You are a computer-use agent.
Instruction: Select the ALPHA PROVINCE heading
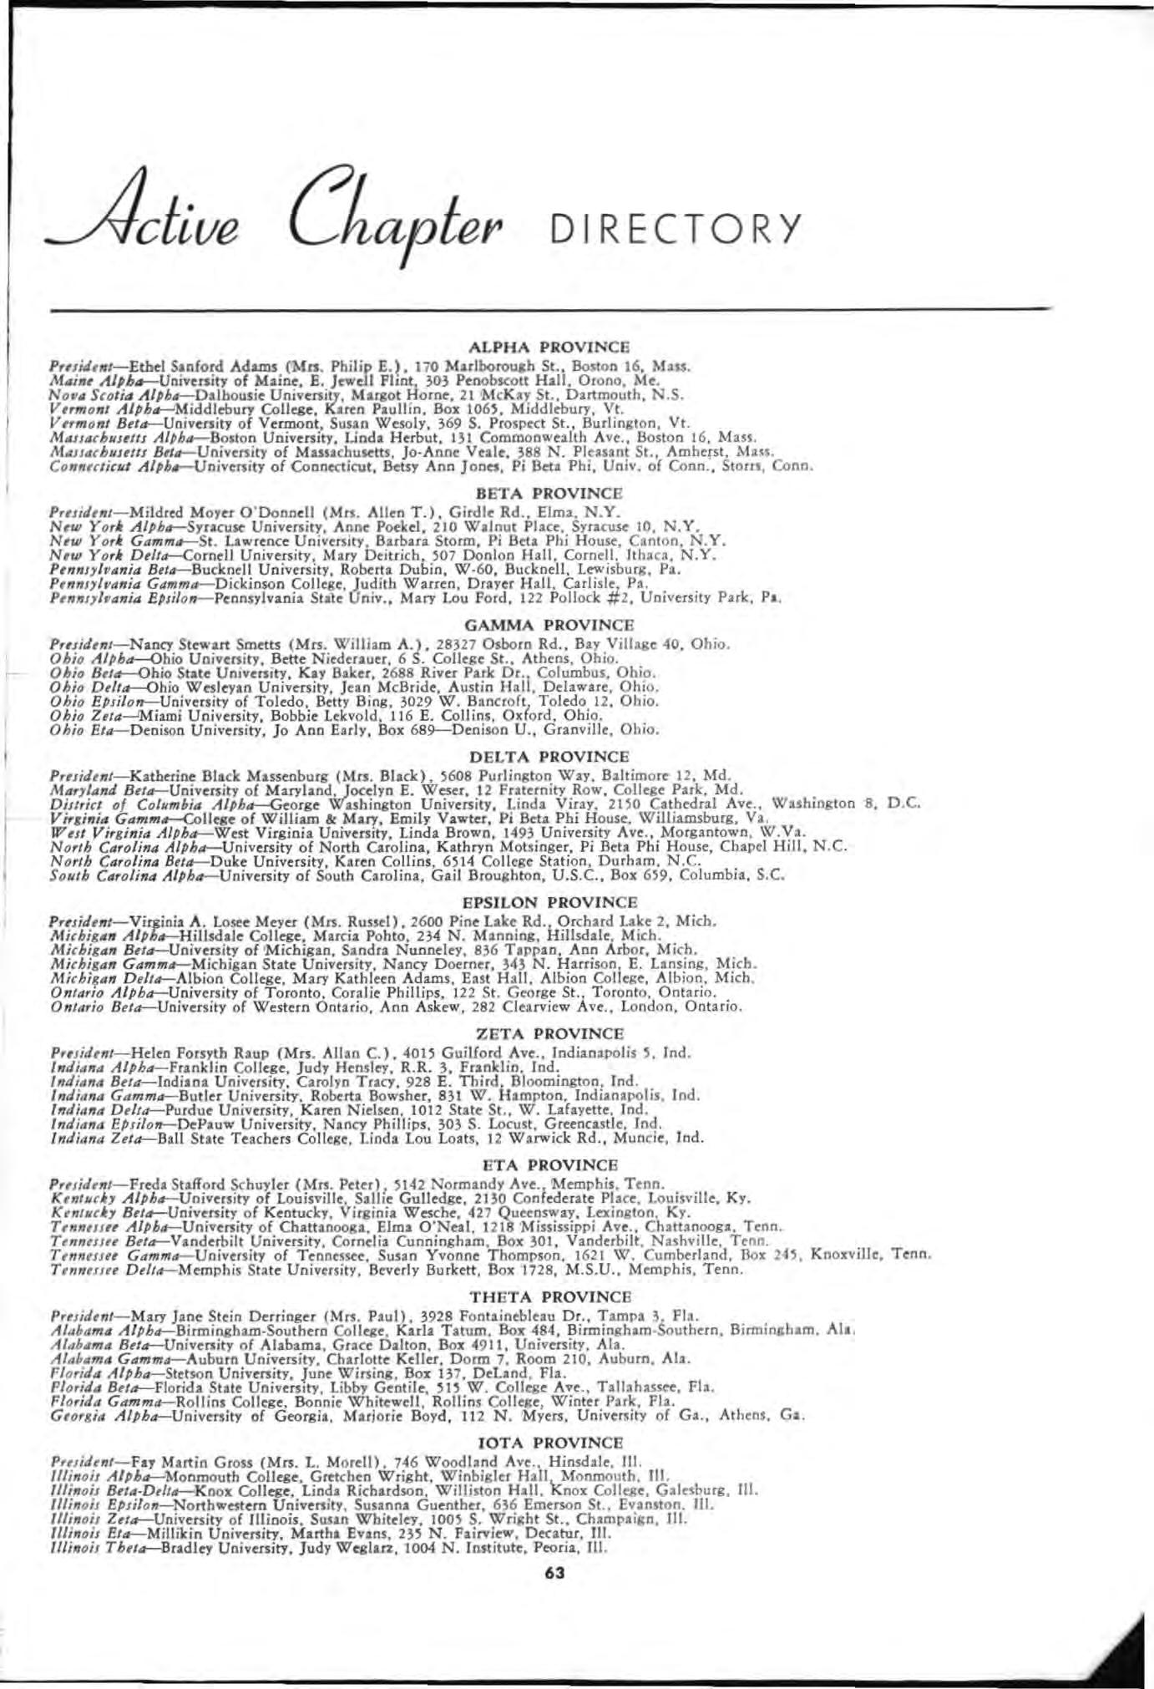click(549, 346)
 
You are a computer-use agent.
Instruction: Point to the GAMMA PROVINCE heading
click(549, 625)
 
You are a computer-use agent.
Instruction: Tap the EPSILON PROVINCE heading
click(549, 902)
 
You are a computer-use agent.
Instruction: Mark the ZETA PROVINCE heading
click(549, 1033)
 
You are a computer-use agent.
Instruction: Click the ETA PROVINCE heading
click(549, 1164)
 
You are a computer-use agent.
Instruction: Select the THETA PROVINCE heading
click(549, 1296)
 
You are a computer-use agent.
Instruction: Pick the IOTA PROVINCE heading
click(549, 1443)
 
